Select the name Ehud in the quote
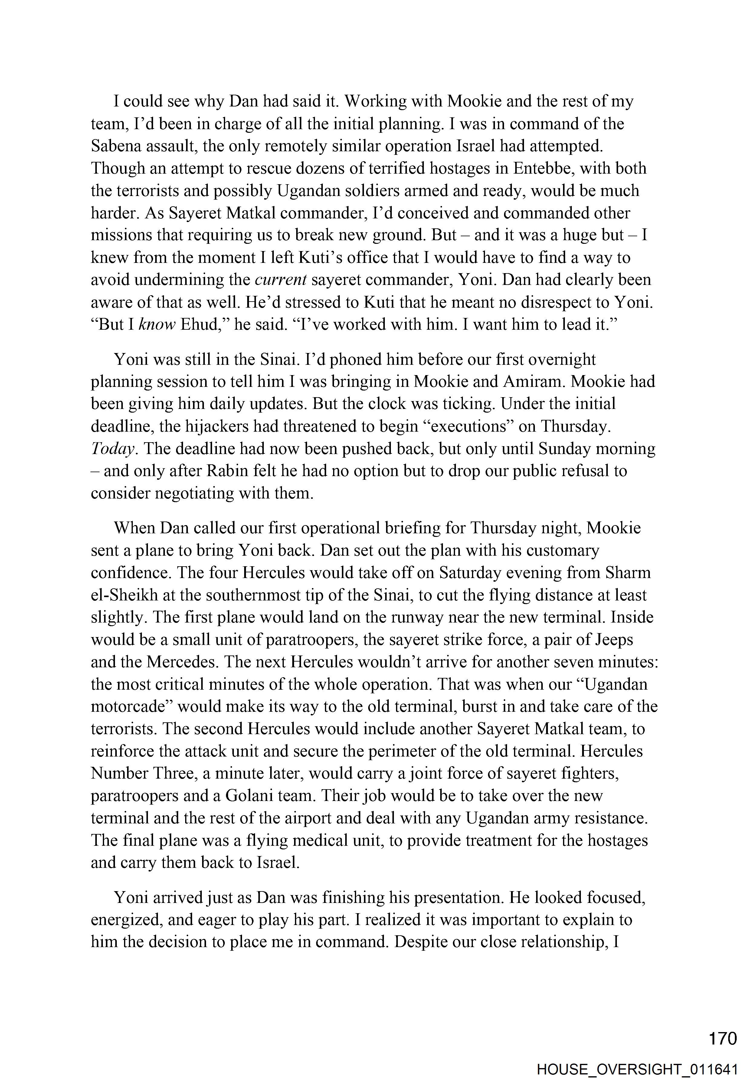point(198,324)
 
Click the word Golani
point(253,796)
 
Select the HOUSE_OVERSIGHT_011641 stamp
point(637,1070)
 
